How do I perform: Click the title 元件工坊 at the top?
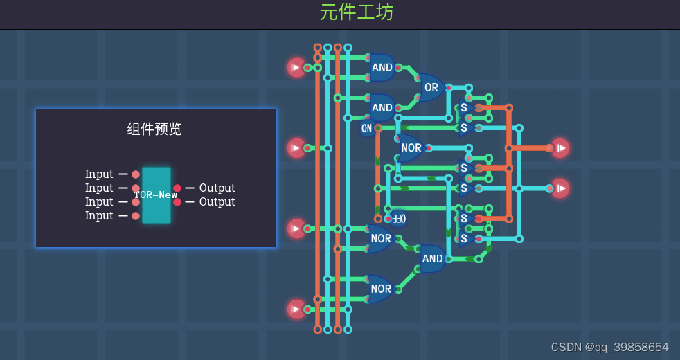click(x=357, y=12)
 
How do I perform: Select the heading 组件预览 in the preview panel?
click(x=154, y=129)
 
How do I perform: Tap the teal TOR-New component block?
click(x=156, y=195)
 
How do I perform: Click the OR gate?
click(x=431, y=88)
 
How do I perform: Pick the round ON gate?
click(x=366, y=128)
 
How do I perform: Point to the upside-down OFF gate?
click(x=398, y=218)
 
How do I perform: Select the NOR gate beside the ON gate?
click(x=411, y=147)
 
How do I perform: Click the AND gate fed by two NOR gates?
click(x=432, y=259)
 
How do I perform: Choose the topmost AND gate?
click(x=382, y=67)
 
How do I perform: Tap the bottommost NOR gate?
click(x=380, y=289)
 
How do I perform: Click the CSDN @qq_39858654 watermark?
click(x=609, y=347)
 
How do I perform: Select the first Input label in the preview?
click(x=99, y=174)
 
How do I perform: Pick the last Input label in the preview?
click(x=99, y=215)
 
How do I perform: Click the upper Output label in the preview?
click(x=217, y=188)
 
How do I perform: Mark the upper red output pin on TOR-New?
click(x=177, y=188)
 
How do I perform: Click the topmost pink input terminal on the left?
click(x=296, y=67)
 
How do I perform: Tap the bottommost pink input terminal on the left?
click(x=296, y=309)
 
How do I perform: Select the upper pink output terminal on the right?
click(x=560, y=147)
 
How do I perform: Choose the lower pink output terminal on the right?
click(x=560, y=188)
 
